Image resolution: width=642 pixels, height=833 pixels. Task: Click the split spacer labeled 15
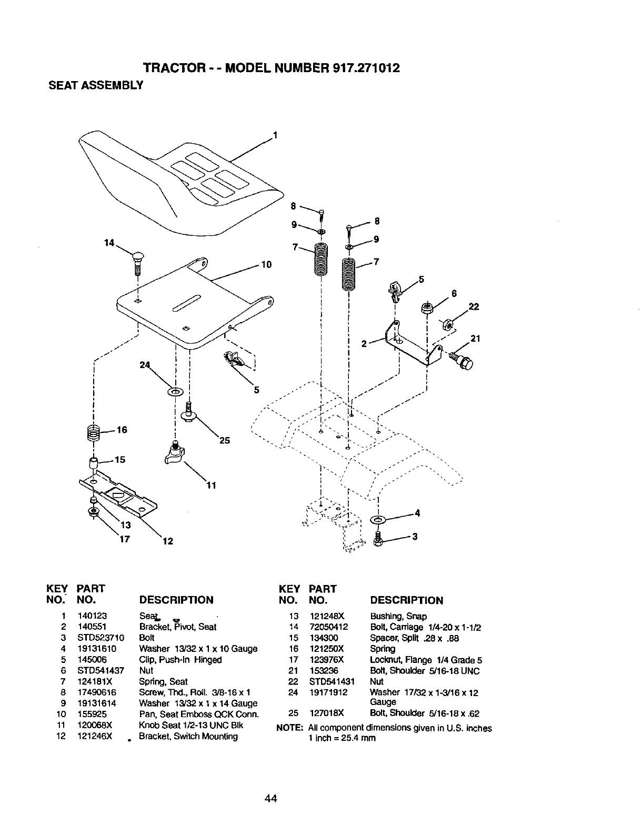click(93, 464)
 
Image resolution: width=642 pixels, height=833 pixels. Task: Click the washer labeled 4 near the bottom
click(378, 520)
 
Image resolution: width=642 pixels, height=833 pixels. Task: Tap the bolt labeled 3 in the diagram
click(376, 538)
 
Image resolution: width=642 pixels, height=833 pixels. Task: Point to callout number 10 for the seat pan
click(266, 264)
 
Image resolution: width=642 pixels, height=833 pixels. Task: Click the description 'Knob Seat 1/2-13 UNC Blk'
click(191, 725)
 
